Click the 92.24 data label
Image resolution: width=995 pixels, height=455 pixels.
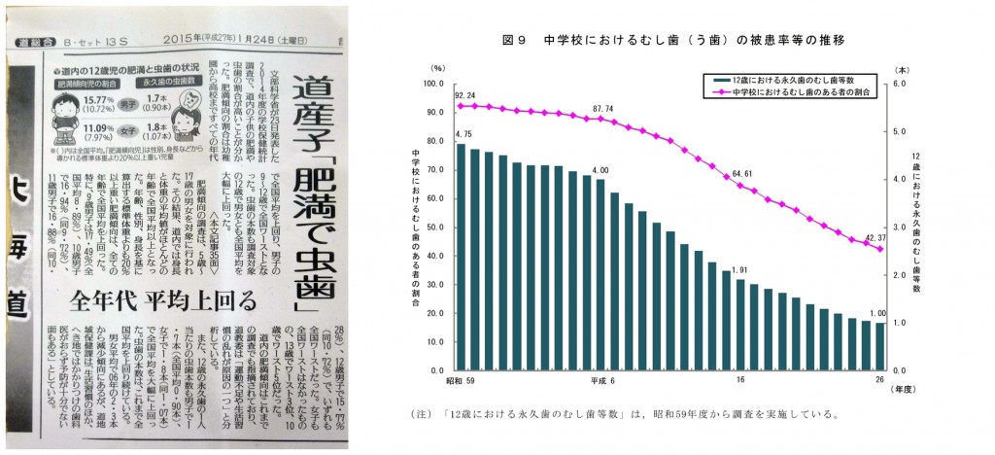pos(464,96)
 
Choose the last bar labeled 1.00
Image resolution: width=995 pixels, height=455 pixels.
pos(879,346)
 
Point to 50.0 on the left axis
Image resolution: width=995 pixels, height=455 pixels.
pos(432,227)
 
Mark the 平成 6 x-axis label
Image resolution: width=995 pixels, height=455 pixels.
pos(595,380)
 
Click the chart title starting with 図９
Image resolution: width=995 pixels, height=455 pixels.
pos(672,40)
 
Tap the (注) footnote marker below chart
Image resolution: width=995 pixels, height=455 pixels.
pos(425,413)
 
